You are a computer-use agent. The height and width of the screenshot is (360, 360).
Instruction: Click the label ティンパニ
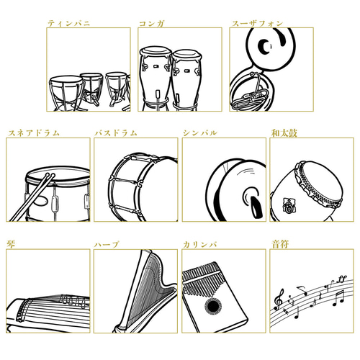click(69, 23)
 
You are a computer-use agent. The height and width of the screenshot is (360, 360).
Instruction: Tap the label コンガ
click(151, 23)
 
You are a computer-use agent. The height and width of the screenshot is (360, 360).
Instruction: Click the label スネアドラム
click(33, 133)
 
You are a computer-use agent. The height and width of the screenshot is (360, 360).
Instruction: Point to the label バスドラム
click(116, 133)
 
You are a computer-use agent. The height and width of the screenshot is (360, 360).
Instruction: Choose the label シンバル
click(199, 133)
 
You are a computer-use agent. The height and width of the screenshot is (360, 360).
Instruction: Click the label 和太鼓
click(282, 133)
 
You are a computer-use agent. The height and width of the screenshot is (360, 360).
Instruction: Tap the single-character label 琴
click(10, 245)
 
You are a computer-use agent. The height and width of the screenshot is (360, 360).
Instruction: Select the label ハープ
click(107, 245)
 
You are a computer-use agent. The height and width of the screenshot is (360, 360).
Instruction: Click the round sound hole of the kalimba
click(213, 307)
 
